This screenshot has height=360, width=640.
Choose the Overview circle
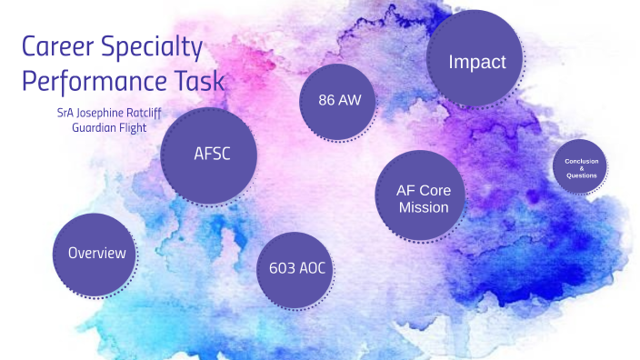(x=97, y=254)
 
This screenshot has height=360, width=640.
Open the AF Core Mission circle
(x=423, y=198)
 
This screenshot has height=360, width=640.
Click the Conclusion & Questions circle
(x=581, y=168)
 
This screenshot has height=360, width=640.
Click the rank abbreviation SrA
(x=66, y=113)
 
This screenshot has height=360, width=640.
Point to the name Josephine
(x=113, y=113)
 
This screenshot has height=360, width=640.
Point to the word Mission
(x=424, y=207)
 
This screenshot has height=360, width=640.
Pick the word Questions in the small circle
(x=581, y=175)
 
